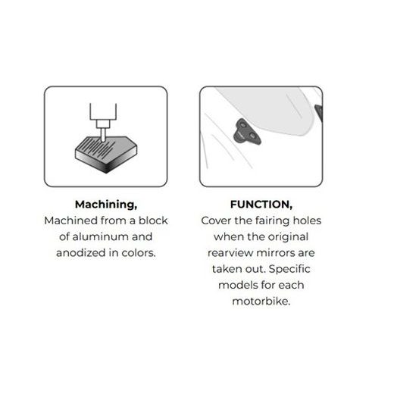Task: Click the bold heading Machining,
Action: coord(106,205)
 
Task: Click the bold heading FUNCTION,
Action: coord(261,205)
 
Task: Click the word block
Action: coord(153,220)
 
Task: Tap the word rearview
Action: coord(230,253)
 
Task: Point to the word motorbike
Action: coord(261,301)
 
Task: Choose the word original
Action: coord(288,237)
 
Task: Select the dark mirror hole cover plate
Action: coord(247,132)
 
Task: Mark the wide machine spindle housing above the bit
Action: coord(103,111)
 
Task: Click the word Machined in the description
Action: coord(70,220)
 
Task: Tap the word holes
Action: coord(307,220)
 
